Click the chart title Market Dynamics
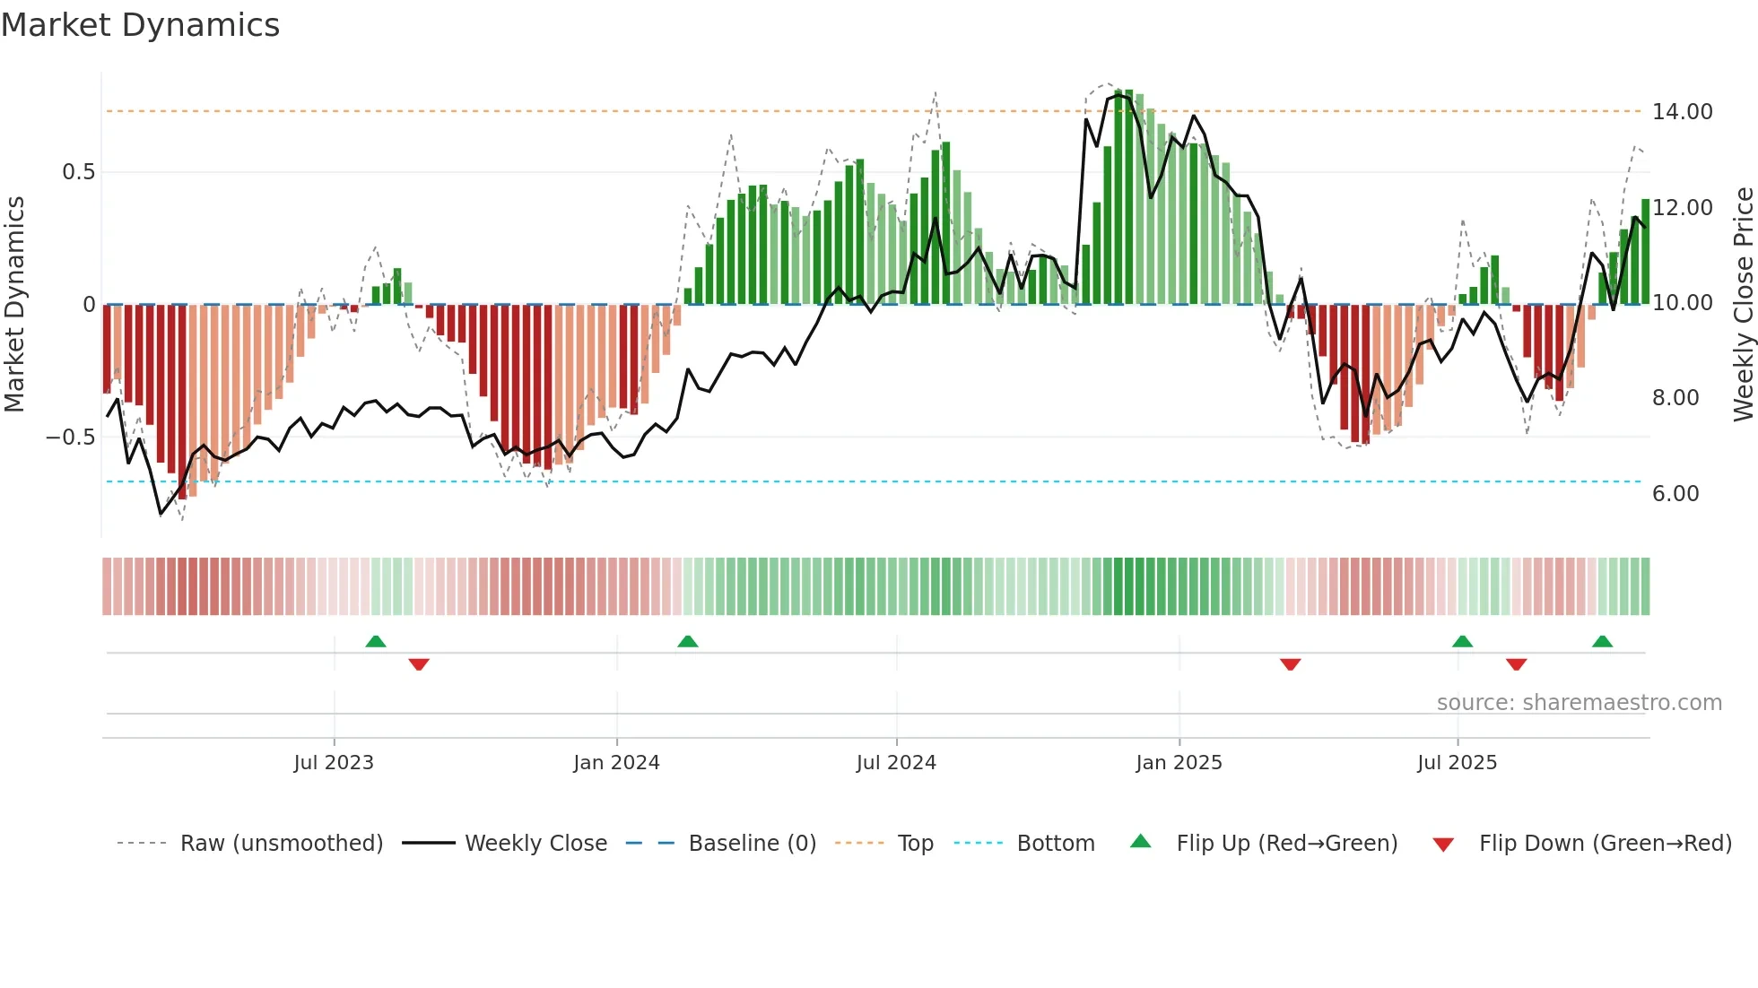coord(141,25)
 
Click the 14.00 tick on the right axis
coord(1682,112)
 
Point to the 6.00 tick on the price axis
coord(1675,494)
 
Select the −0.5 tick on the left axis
coord(70,438)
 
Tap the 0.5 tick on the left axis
coord(78,172)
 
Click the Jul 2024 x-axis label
coord(895,763)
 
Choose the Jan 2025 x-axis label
coord(1178,763)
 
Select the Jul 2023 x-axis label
coord(333,763)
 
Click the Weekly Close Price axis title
coord(1743,304)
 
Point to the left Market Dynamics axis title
coord(14,304)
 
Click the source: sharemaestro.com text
coord(1579,703)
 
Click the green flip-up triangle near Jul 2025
coord(1462,642)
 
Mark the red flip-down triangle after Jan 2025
coord(1290,664)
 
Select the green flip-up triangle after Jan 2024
coord(687,642)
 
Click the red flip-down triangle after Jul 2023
coord(418,664)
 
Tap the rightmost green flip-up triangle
coord(1602,642)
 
